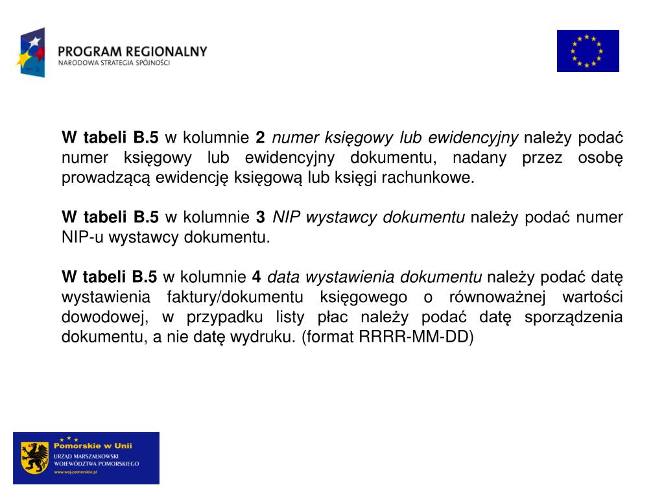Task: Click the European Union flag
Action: (x=587, y=51)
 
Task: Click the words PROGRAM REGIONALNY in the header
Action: (x=132, y=51)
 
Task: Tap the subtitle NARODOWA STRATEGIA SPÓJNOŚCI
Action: (x=113, y=63)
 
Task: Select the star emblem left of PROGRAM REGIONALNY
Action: (x=31, y=53)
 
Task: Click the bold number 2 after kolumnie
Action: (x=260, y=137)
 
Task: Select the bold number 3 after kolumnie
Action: (x=260, y=217)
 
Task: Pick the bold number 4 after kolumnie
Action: (x=256, y=278)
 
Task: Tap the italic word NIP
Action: (x=287, y=217)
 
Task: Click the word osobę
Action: (x=599, y=158)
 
